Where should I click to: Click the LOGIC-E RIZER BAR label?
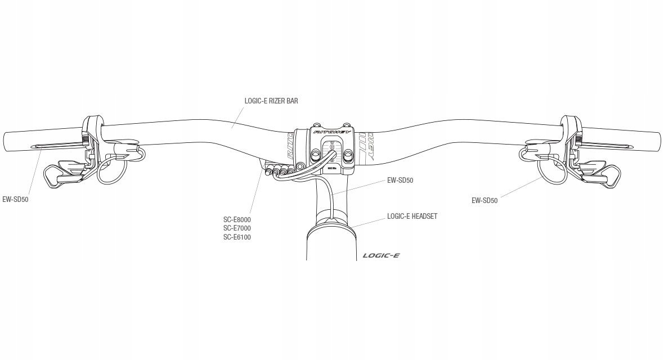click(271, 101)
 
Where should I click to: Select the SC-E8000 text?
click(237, 219)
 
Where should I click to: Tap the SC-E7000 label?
click(237, 228)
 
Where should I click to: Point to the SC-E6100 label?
click(237, 237)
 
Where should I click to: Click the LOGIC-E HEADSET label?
click(412, 217)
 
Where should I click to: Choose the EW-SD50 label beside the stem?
click(400, 181)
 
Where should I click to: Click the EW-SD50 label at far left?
click(15, 199)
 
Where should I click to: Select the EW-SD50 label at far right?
click(484, 200)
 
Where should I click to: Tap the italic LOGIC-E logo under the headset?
click(381, 255)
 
